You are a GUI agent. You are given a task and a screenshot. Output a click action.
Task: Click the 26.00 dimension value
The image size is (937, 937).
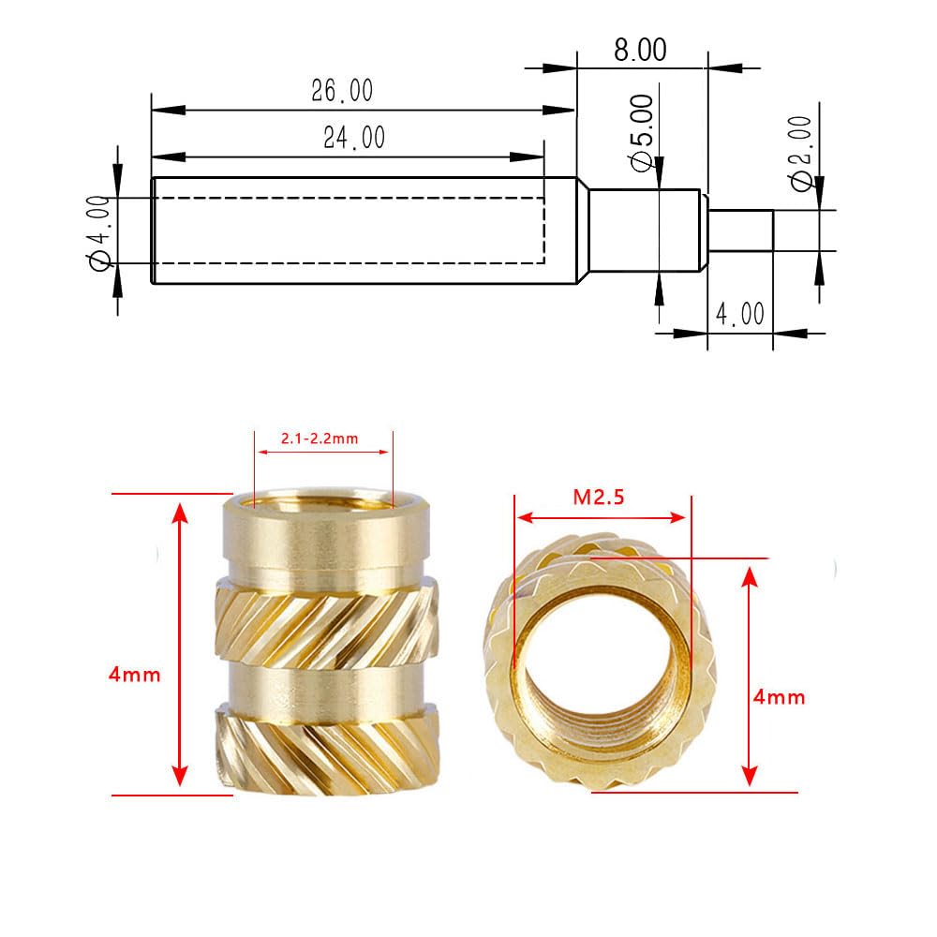(x=342, y=91)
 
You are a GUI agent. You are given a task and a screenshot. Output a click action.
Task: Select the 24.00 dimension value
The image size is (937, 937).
(x=353, y=139)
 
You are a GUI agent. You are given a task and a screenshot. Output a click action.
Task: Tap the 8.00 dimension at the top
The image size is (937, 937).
(x=640, y=50)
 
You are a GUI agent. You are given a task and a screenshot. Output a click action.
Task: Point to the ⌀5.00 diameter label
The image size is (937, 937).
(x=643, y=131)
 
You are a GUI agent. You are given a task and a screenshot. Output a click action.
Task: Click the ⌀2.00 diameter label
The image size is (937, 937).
(x=801, y=153)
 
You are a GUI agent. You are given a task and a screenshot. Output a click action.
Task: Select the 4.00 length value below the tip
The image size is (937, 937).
(x=740, y=313)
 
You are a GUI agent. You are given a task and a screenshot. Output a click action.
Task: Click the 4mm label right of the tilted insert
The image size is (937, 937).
(x=779, y=697)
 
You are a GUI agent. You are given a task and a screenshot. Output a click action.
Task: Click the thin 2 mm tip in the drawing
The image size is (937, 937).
(x=740, y=231)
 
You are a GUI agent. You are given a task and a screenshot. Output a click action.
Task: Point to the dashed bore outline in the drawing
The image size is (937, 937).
(x=347, y=231)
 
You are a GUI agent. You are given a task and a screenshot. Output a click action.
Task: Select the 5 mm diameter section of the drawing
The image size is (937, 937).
(x=644, y=231)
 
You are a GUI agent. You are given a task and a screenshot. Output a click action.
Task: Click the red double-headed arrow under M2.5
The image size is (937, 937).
(x=601, y=517)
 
